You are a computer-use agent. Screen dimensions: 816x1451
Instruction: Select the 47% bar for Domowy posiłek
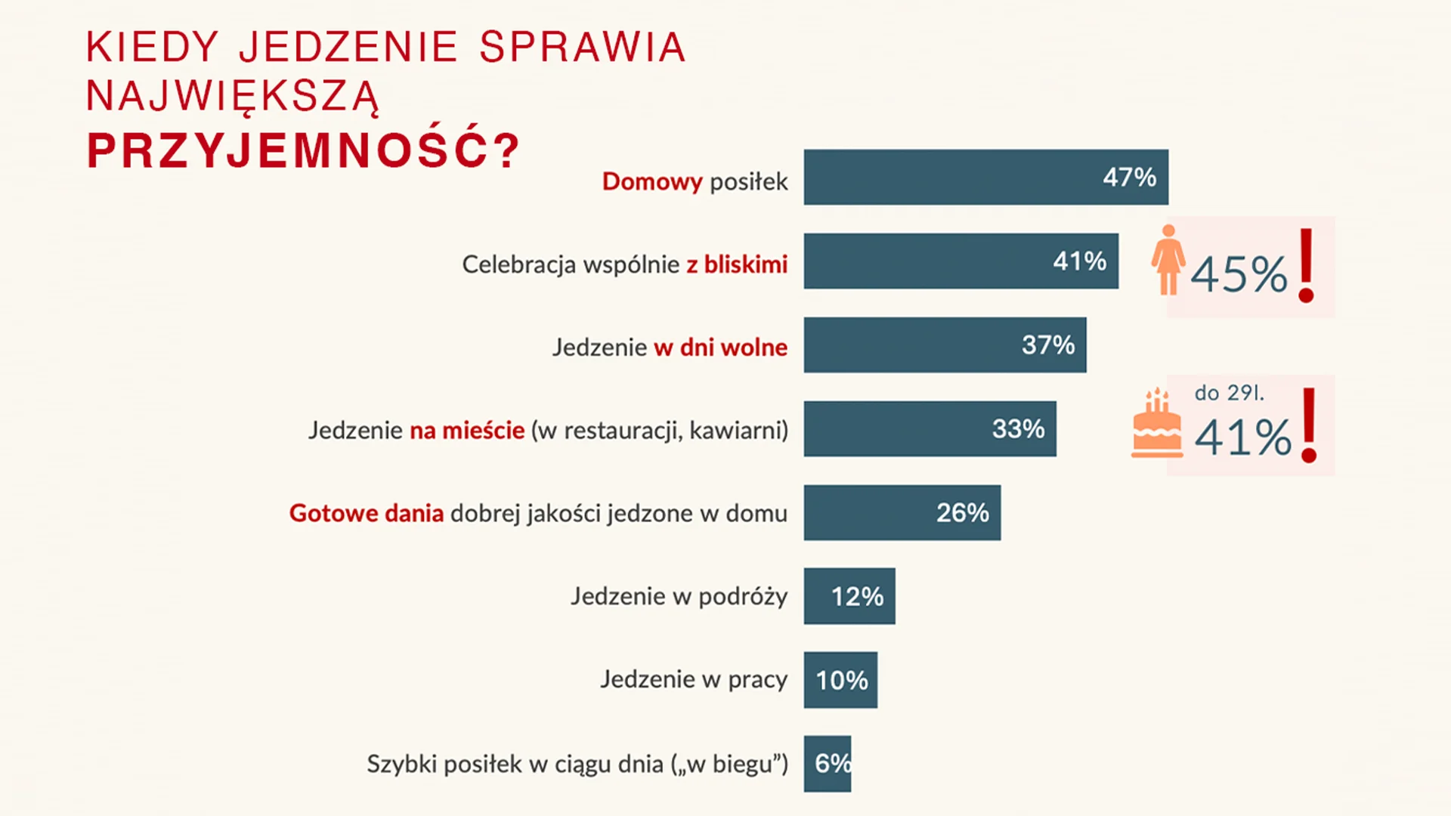coord(985,177)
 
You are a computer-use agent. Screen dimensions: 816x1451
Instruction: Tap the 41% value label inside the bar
coord(1079,261)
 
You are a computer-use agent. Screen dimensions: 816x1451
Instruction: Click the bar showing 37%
coord(945,345)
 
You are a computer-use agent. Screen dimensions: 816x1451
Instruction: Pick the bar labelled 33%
coord(930,429)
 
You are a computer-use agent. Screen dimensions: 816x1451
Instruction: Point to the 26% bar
coord(902,513)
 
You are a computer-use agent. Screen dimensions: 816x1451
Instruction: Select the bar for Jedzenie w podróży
coord(849,596)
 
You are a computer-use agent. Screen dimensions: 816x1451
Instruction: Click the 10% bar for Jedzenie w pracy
coord(840,680)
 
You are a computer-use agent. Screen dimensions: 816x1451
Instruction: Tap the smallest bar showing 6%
coord(827,763)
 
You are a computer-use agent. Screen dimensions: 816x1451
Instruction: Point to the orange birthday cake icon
coord(1156,425)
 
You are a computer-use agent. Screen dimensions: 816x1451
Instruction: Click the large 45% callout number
coord(1239,274)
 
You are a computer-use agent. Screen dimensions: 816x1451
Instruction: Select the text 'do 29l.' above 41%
coord(1229,393)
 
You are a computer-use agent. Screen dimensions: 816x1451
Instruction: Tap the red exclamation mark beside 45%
coord(1307,266)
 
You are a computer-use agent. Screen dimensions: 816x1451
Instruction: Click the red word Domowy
coord(652,182)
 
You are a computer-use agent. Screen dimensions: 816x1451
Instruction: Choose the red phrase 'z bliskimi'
coord(737,264)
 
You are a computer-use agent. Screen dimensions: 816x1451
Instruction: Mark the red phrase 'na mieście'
coord(467,431)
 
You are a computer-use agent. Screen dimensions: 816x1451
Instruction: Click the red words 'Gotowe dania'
coord(367,514)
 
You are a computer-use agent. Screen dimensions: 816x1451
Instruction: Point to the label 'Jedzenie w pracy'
coord(694,680)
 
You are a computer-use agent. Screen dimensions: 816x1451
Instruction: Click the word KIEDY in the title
coord(153,48)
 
